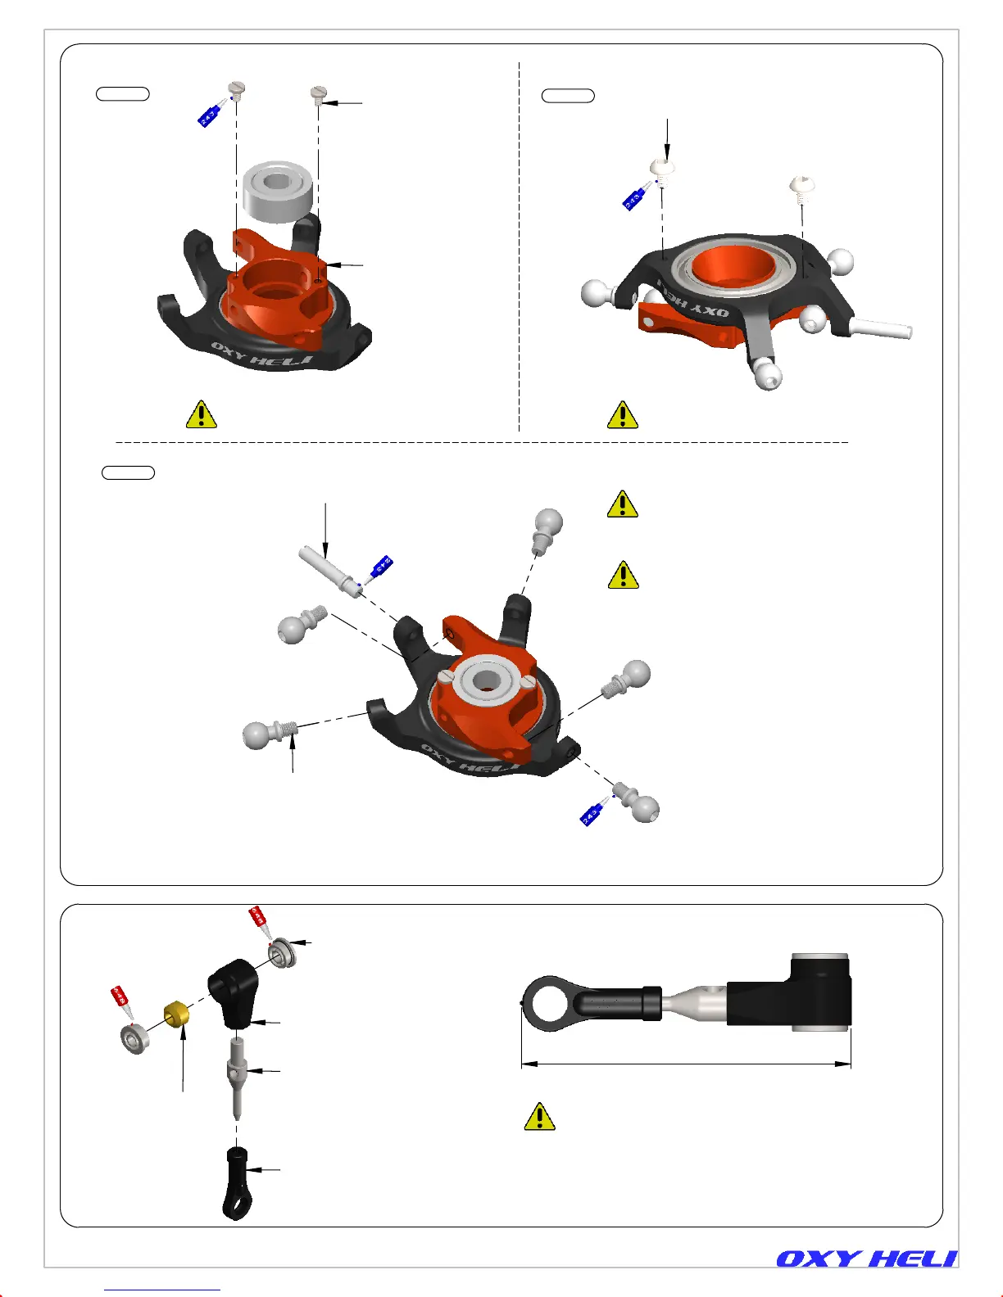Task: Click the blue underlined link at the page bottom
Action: (x=162, y=1290)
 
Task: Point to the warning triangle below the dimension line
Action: (x=539, y=1117)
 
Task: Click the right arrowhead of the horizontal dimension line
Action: (x=844, y=1064)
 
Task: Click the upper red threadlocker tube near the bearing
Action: (x=258, y=921)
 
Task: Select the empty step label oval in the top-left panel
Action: (x=123, y=93)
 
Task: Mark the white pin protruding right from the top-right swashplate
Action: (x=883, y=328)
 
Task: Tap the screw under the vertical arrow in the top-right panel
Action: (x=662, y=170)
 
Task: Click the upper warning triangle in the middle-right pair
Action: (x=623, y=504)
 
